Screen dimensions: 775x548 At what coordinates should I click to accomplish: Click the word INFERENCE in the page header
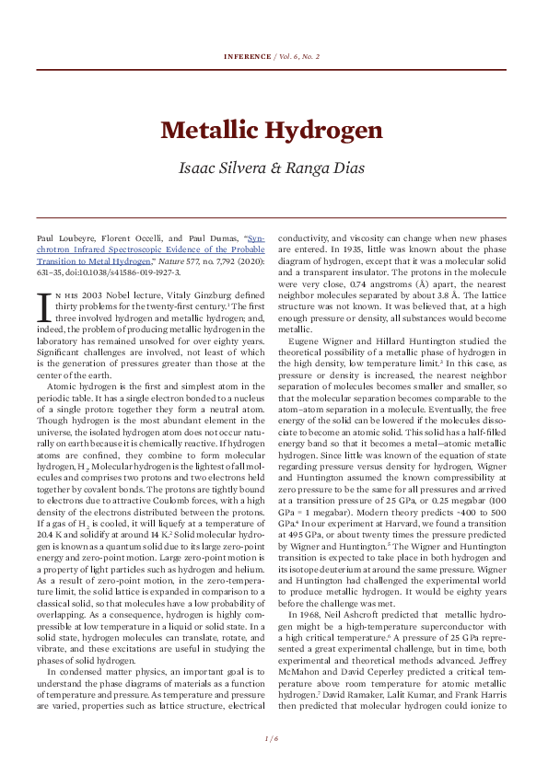pyautogui.click(x=247, y=56)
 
